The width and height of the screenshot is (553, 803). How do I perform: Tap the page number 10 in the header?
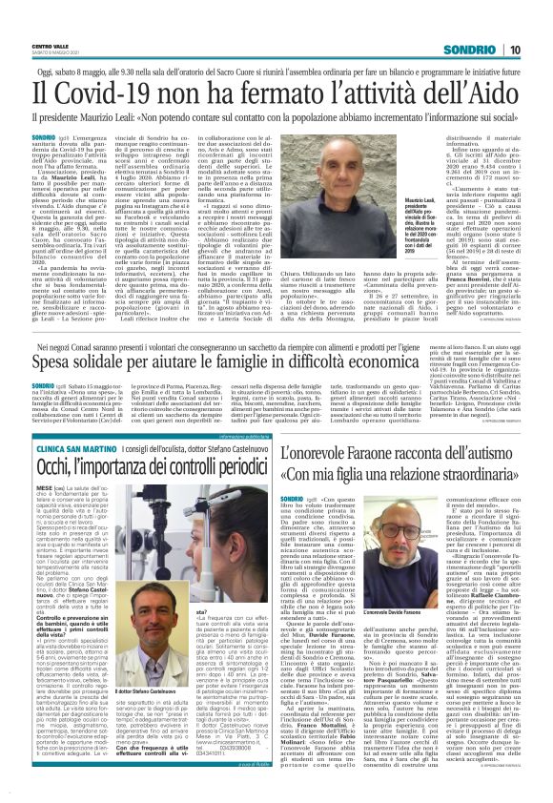click(x=513, y=49)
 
